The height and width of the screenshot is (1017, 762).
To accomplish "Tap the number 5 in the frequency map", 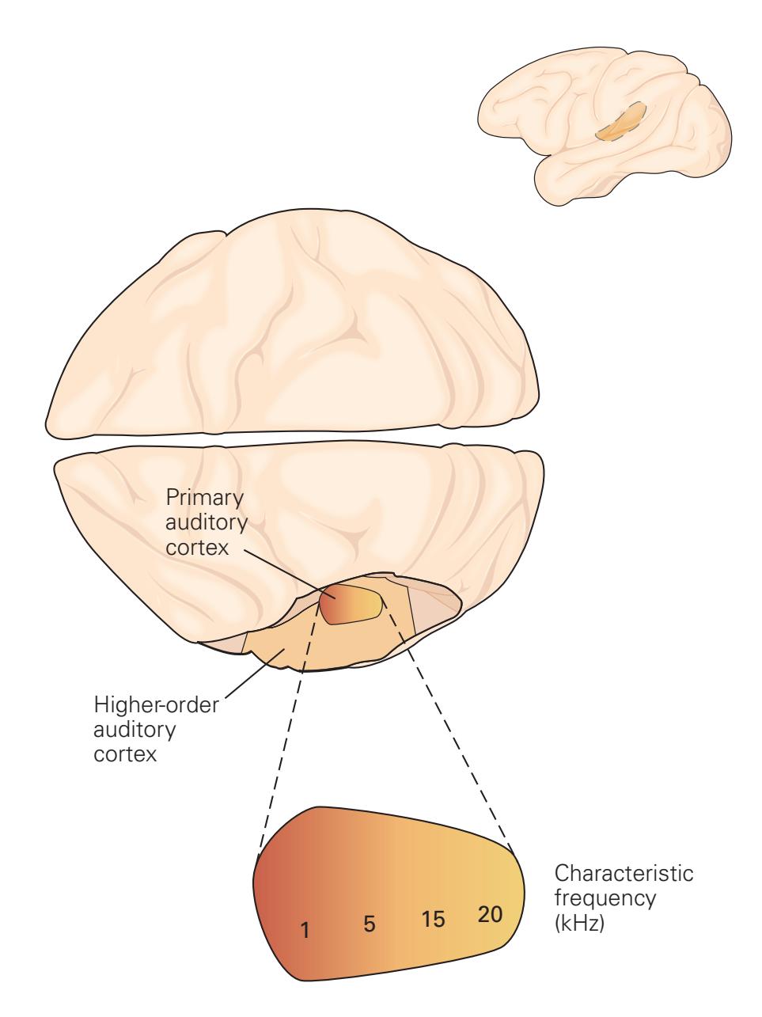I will (369, 924).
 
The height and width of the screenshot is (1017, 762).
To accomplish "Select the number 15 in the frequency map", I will (434, 919).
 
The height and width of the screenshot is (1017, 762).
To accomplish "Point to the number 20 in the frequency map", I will (490, 913).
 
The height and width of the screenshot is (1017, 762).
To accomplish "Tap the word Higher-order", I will (159, 704).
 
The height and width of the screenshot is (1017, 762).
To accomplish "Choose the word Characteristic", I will (624, 875).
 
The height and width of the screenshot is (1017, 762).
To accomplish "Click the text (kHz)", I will (580, 923).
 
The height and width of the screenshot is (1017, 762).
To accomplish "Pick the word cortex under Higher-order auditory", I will (126, 752).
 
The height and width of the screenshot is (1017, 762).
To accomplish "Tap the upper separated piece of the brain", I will (293, 332).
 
